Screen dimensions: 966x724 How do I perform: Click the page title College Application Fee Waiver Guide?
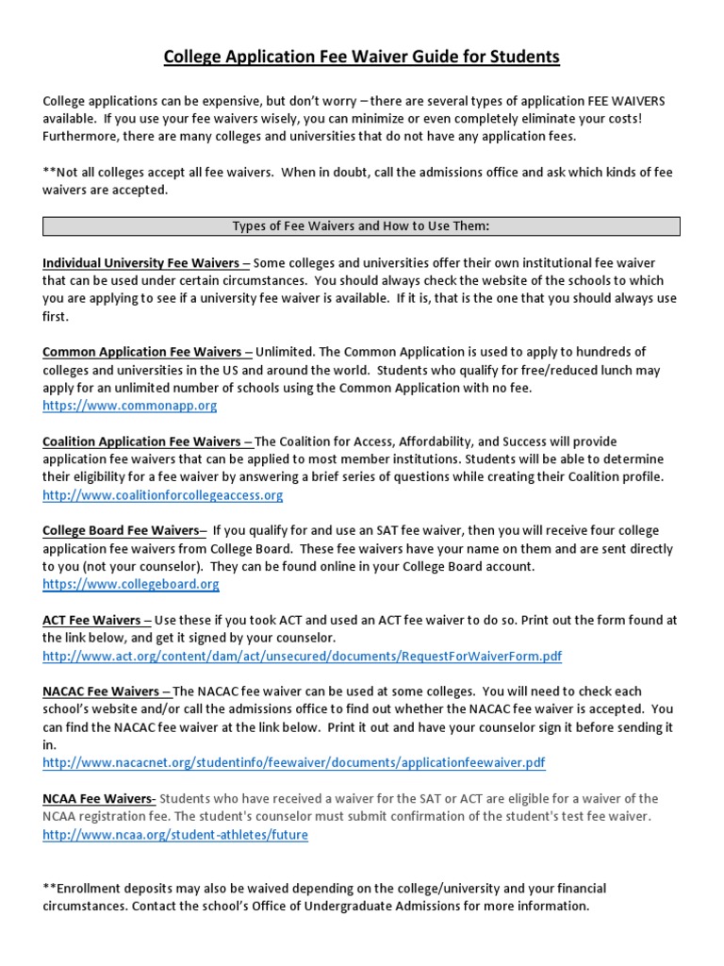click(362, 58)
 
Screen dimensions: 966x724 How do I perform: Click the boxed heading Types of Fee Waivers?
click(361, 225)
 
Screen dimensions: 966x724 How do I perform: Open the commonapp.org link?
click(130, 406)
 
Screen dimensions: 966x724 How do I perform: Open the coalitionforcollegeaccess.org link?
click(162, 494)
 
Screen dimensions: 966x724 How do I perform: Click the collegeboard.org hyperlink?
click(131, 584)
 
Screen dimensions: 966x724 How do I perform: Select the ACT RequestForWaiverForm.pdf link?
click(302, 655)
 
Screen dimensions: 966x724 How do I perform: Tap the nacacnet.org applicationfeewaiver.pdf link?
click(293, 761)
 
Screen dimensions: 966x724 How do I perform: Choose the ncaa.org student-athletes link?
click(175, 834)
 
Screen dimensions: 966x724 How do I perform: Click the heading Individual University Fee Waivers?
click(142, 262)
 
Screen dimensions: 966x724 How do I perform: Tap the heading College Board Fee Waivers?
click(121, 530)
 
